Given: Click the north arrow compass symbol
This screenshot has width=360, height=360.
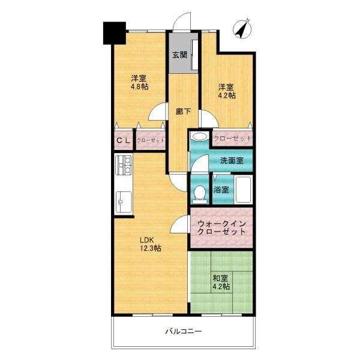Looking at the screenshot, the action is [x=242, y=29].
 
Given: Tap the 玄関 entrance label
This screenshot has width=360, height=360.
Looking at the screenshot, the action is [x=180, y=55].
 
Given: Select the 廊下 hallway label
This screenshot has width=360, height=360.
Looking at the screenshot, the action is [x=183, y=112].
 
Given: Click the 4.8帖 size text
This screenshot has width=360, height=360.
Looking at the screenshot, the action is [x=140, y=87].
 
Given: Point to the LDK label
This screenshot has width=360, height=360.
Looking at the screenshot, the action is [x=147, y=240].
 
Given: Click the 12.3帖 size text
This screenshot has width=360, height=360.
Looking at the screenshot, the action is [x=151, y=248].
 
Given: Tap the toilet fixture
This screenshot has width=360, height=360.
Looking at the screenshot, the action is [x=199, y=194].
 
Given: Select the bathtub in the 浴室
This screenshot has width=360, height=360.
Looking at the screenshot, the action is [x=243, y=190].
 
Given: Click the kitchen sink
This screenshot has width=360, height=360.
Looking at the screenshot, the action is [x=124, y=202].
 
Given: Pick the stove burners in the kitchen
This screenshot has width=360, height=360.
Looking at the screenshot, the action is [x=124, y=165].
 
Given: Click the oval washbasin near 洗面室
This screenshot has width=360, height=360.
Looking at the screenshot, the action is [x=200, y=137].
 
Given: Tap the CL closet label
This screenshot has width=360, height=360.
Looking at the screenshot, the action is [x=123, y=140].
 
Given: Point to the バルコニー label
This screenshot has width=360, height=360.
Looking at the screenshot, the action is [x=184, y=331].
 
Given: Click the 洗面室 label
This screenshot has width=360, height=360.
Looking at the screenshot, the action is [x=232, y=160].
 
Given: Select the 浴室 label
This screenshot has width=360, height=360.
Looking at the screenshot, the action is [x=221, y=190].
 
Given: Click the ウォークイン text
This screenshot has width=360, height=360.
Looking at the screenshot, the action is [x=221, y=223].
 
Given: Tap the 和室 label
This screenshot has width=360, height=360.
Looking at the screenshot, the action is [x=220, y=278].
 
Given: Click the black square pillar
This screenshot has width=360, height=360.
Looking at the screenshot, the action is [x=115, y=33].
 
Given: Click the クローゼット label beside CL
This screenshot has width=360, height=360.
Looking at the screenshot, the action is [x=151, y=140].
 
